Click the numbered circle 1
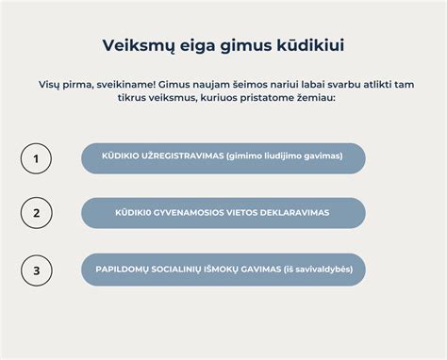point(36,158)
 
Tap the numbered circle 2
point(36,213)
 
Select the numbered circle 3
point(36,270)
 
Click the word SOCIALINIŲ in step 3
point(184,270)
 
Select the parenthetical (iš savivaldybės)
point(318,270)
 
